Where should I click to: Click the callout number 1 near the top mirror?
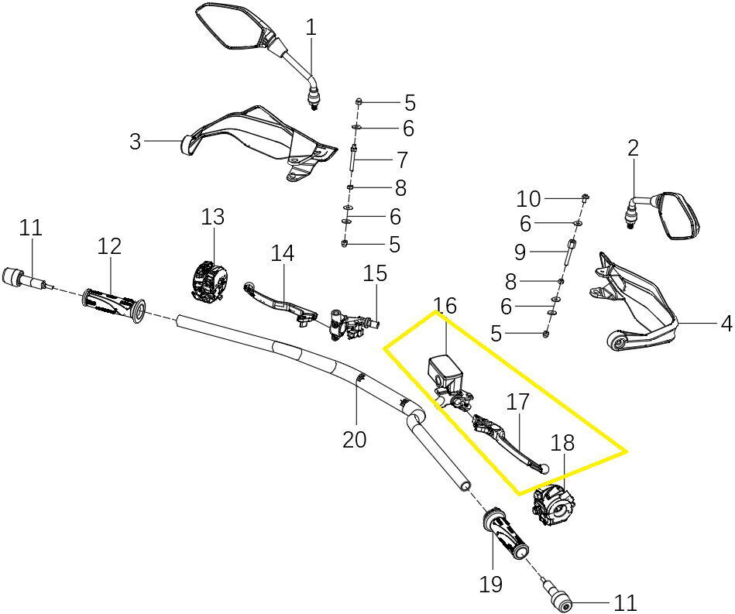[311, 27]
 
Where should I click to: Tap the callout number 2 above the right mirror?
[633, 149]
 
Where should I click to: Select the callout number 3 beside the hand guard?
[135, 141]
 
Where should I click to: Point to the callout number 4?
[726, 324]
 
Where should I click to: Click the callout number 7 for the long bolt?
[402, 160]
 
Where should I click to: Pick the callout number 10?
[528, 199]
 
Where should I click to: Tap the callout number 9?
[520, 252]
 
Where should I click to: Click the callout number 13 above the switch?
[213, 217]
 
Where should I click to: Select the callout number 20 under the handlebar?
[355, 440]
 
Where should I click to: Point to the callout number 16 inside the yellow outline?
[445, 306]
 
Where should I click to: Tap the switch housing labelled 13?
[210, 280]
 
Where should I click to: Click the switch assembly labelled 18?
[554, 506]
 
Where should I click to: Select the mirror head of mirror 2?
[678, 216]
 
